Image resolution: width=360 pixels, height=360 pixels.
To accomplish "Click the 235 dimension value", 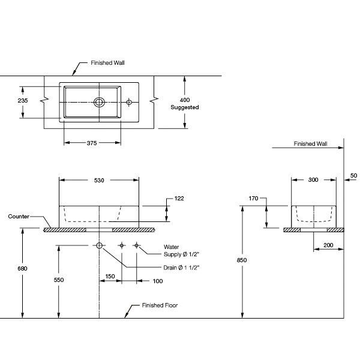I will point(22,101).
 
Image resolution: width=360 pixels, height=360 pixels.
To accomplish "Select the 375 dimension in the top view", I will point(92,143).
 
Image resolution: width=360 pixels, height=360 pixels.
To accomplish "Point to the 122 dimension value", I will point(178,198).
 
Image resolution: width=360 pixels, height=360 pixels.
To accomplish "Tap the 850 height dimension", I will point(242,260).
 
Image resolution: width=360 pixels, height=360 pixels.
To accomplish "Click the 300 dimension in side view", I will point(314,179).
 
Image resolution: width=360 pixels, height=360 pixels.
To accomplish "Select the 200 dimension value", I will point(328,246).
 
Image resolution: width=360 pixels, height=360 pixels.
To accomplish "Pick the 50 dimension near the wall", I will point(353,175).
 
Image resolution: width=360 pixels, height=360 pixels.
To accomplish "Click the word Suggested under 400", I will point(185,107).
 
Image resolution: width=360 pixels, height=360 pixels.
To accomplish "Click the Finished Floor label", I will point(160,305).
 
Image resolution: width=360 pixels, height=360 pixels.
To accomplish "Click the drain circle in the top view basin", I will point(99,103).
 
